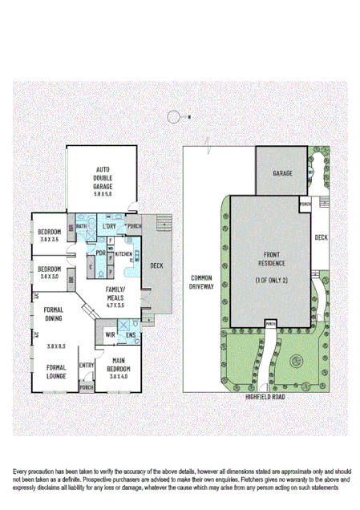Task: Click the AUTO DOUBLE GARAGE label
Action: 103,178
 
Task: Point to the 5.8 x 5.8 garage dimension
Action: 103,193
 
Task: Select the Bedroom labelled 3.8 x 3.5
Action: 50,234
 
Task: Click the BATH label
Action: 81,227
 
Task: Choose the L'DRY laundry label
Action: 109,227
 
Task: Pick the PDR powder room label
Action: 101,254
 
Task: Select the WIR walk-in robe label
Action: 110,334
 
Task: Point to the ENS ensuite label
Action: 130,334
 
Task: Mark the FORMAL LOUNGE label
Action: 55,370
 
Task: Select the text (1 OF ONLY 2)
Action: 271,278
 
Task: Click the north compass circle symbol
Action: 173,117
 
